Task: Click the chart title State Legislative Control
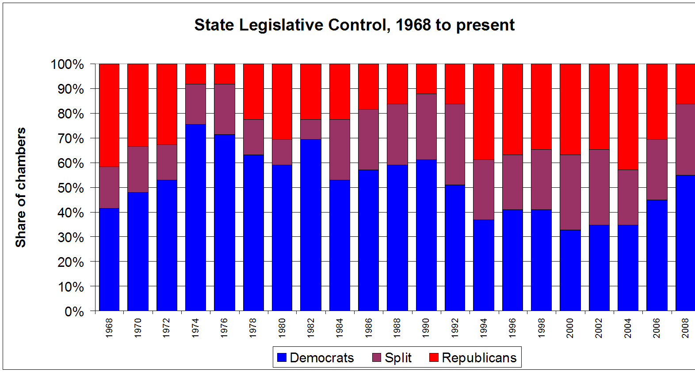click(x=354, y=25)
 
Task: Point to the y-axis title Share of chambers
click(x=21, y=187)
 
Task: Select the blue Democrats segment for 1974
click(x=195, y=217)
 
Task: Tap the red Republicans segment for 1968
click(x=109, y=115)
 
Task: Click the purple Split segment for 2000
click(x=570, y=192)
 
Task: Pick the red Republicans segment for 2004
click(x=628, y=117)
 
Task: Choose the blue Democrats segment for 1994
click(x=484, y=265)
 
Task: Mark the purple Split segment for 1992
click(x=455, y=144)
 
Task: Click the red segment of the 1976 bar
click(x=225, y=74)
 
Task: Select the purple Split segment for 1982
click(x=311, y=129)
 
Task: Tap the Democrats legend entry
click(x=316, y=357)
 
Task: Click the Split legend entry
click(x=392, y=357)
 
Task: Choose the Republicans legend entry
click(x=473, y=357)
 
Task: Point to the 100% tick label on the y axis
click(x=68, y=65)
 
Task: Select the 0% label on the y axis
click(x=74, y=312)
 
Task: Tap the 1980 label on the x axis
click(x=282, y=328)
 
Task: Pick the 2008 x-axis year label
click(x=685, y=328)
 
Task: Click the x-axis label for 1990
click(x=426, y=328)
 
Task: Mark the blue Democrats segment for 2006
click(x=657, y=255)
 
